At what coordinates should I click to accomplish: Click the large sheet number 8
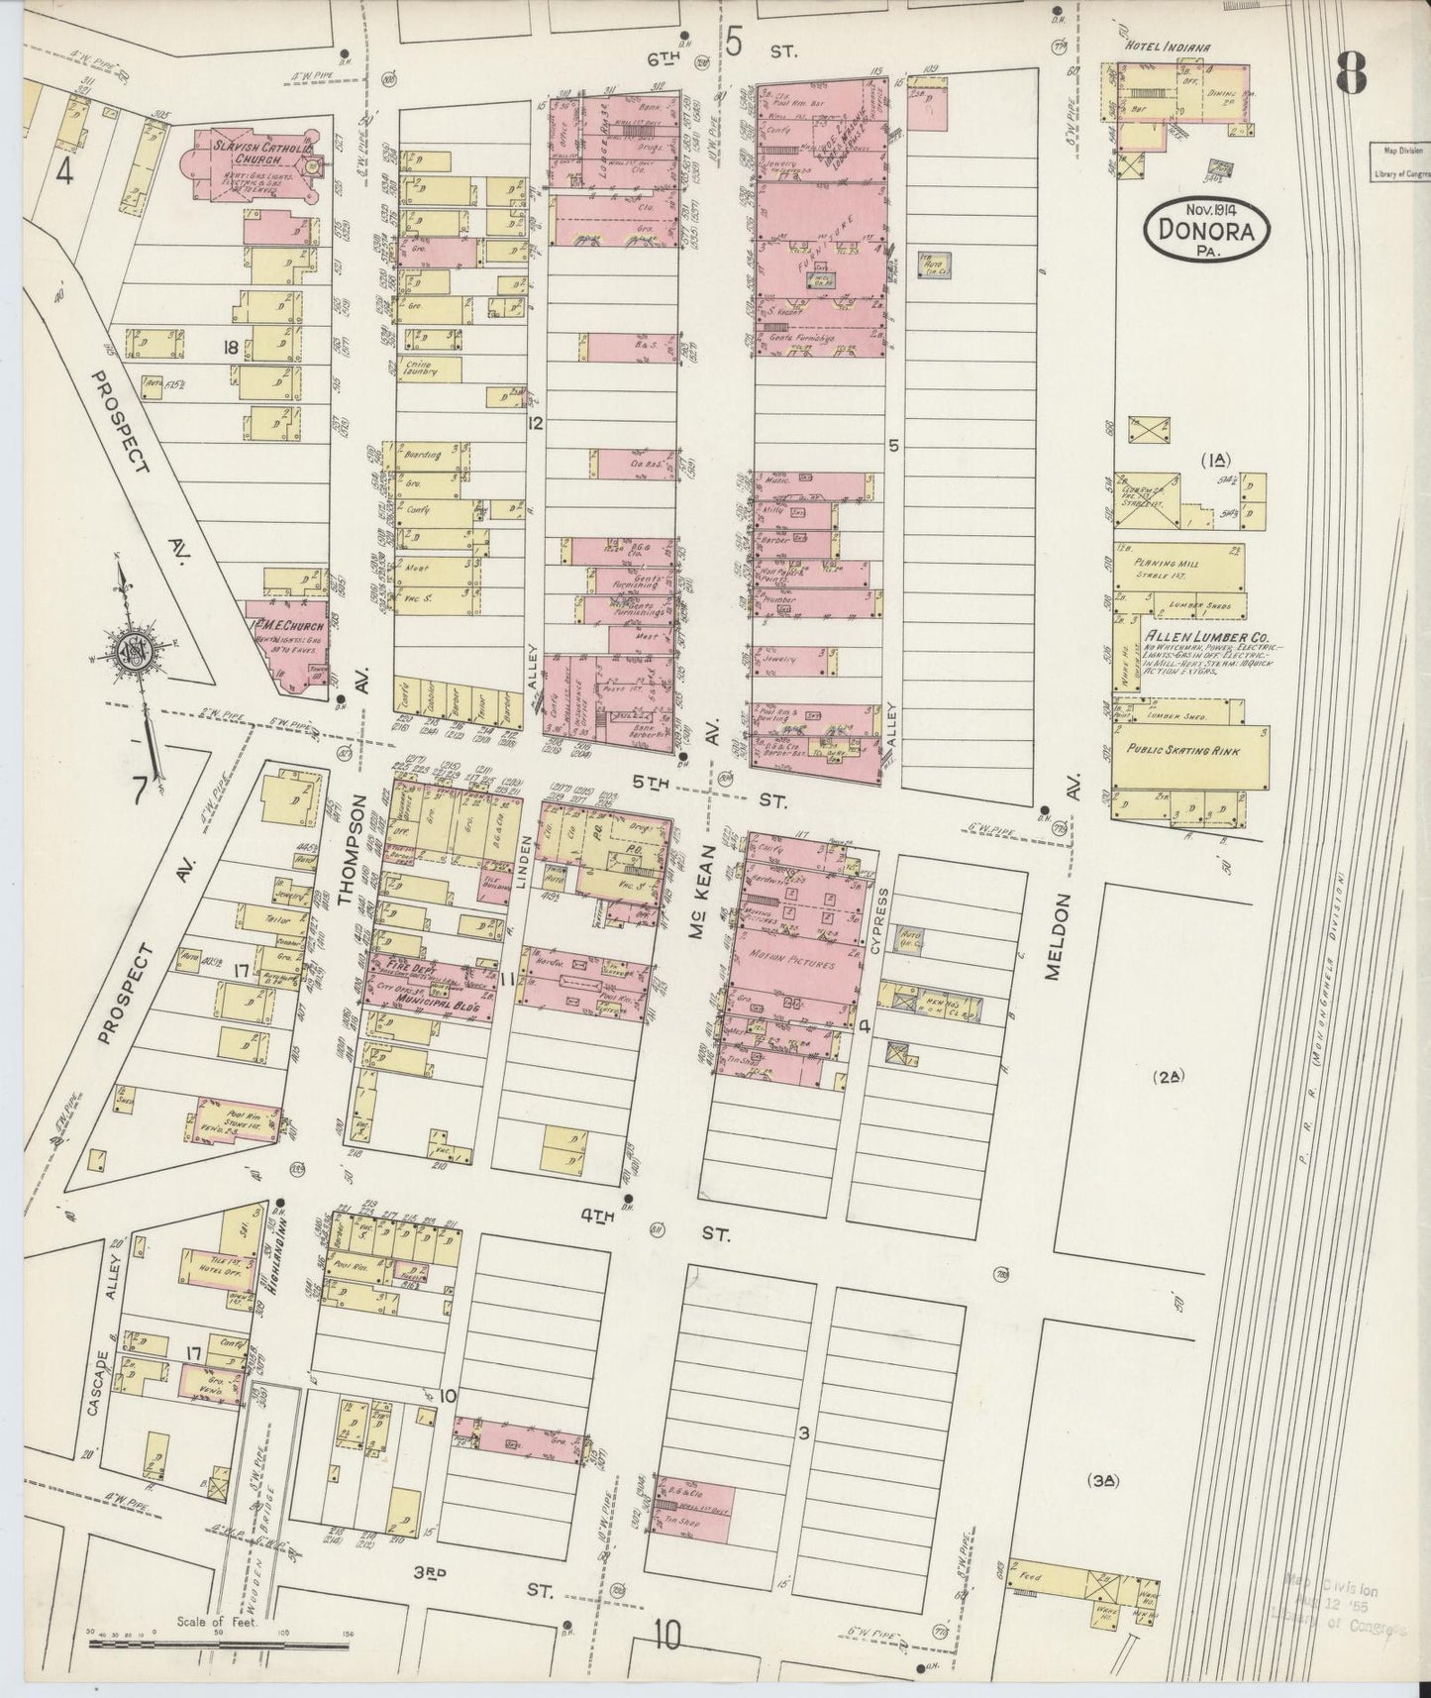click(1350, 71)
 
